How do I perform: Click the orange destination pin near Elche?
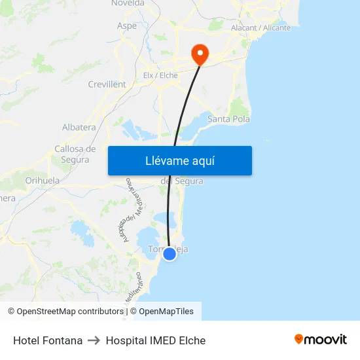[198, 52]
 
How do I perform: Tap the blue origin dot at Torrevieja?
[170, 253]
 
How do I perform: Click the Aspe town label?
[126, 26]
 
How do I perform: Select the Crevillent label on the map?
[107, 84]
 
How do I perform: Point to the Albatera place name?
[79, 128]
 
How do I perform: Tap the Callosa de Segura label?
[75, 154]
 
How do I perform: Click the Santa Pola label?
[228, 119]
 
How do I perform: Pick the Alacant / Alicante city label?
[261, 28]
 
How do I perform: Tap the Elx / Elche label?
[160, 75]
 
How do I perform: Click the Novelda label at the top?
[128, 3]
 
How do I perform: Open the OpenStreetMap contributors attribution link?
[65, 312]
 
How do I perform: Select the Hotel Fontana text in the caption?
[48, 340]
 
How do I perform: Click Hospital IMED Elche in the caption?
[156, 340]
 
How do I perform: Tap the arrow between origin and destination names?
[94, 340]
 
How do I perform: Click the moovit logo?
[321, 339]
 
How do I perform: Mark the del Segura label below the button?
[181, 181]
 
